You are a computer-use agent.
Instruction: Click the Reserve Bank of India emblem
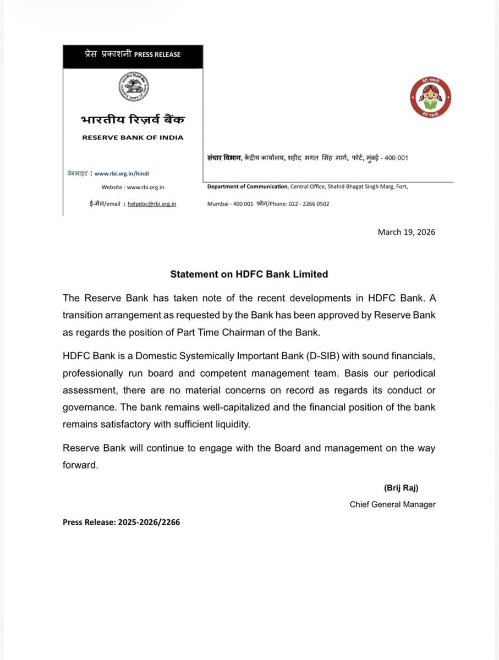click(x=133, y=89)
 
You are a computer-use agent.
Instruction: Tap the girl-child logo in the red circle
click(x=430, y=97)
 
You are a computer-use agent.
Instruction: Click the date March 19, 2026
click(x=406, y=232)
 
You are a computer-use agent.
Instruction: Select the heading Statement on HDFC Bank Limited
click(x=249, y=273)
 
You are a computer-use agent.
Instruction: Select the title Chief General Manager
click(x=392, y=504)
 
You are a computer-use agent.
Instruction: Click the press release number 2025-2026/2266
click(x=149, y=522)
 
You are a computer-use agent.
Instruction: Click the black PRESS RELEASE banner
click(x=133, y=55)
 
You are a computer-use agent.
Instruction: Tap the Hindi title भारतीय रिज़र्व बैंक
click(x=133, y=120)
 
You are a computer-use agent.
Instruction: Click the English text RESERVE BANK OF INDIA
click(x=133, y=137)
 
